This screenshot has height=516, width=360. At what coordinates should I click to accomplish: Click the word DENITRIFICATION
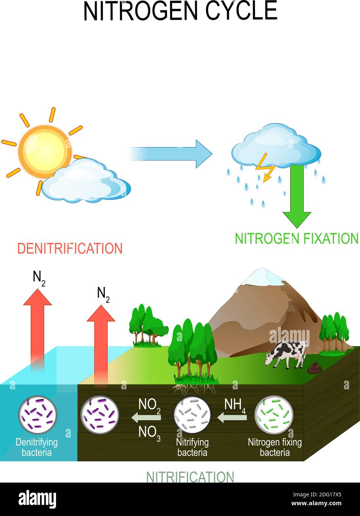(x=70, y=248)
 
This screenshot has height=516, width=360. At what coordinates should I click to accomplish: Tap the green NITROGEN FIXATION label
(x=297, y=238)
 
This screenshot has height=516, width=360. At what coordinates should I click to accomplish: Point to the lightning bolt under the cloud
(x=265, y=168)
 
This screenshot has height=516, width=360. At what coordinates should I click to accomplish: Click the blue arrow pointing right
(x=170, y=154)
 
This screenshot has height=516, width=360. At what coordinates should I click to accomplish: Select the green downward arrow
(x=297, y=196)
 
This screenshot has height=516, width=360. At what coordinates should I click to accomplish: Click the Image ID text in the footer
(x=317, y=494)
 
